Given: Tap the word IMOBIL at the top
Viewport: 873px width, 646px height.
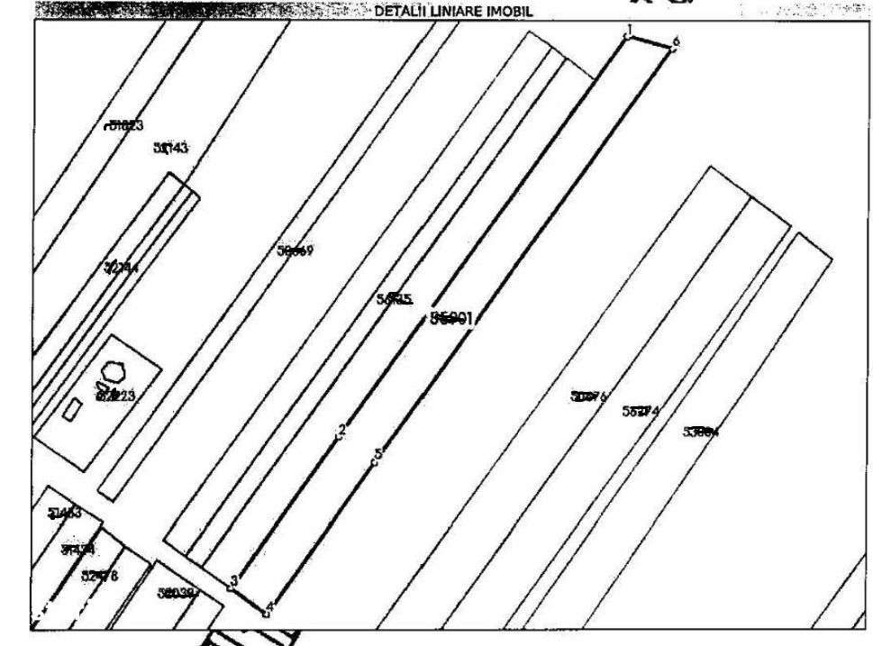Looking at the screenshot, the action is point(510,12).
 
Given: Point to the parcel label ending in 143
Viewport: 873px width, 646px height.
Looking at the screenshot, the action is point(170,148).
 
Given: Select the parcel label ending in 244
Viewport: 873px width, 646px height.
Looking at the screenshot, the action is point(122,268).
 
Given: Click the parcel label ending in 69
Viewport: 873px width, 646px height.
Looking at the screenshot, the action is point(295,251).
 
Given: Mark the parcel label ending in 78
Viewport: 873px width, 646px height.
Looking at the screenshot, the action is point(99,576).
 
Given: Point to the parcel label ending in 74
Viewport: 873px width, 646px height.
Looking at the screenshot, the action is point(641,412).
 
